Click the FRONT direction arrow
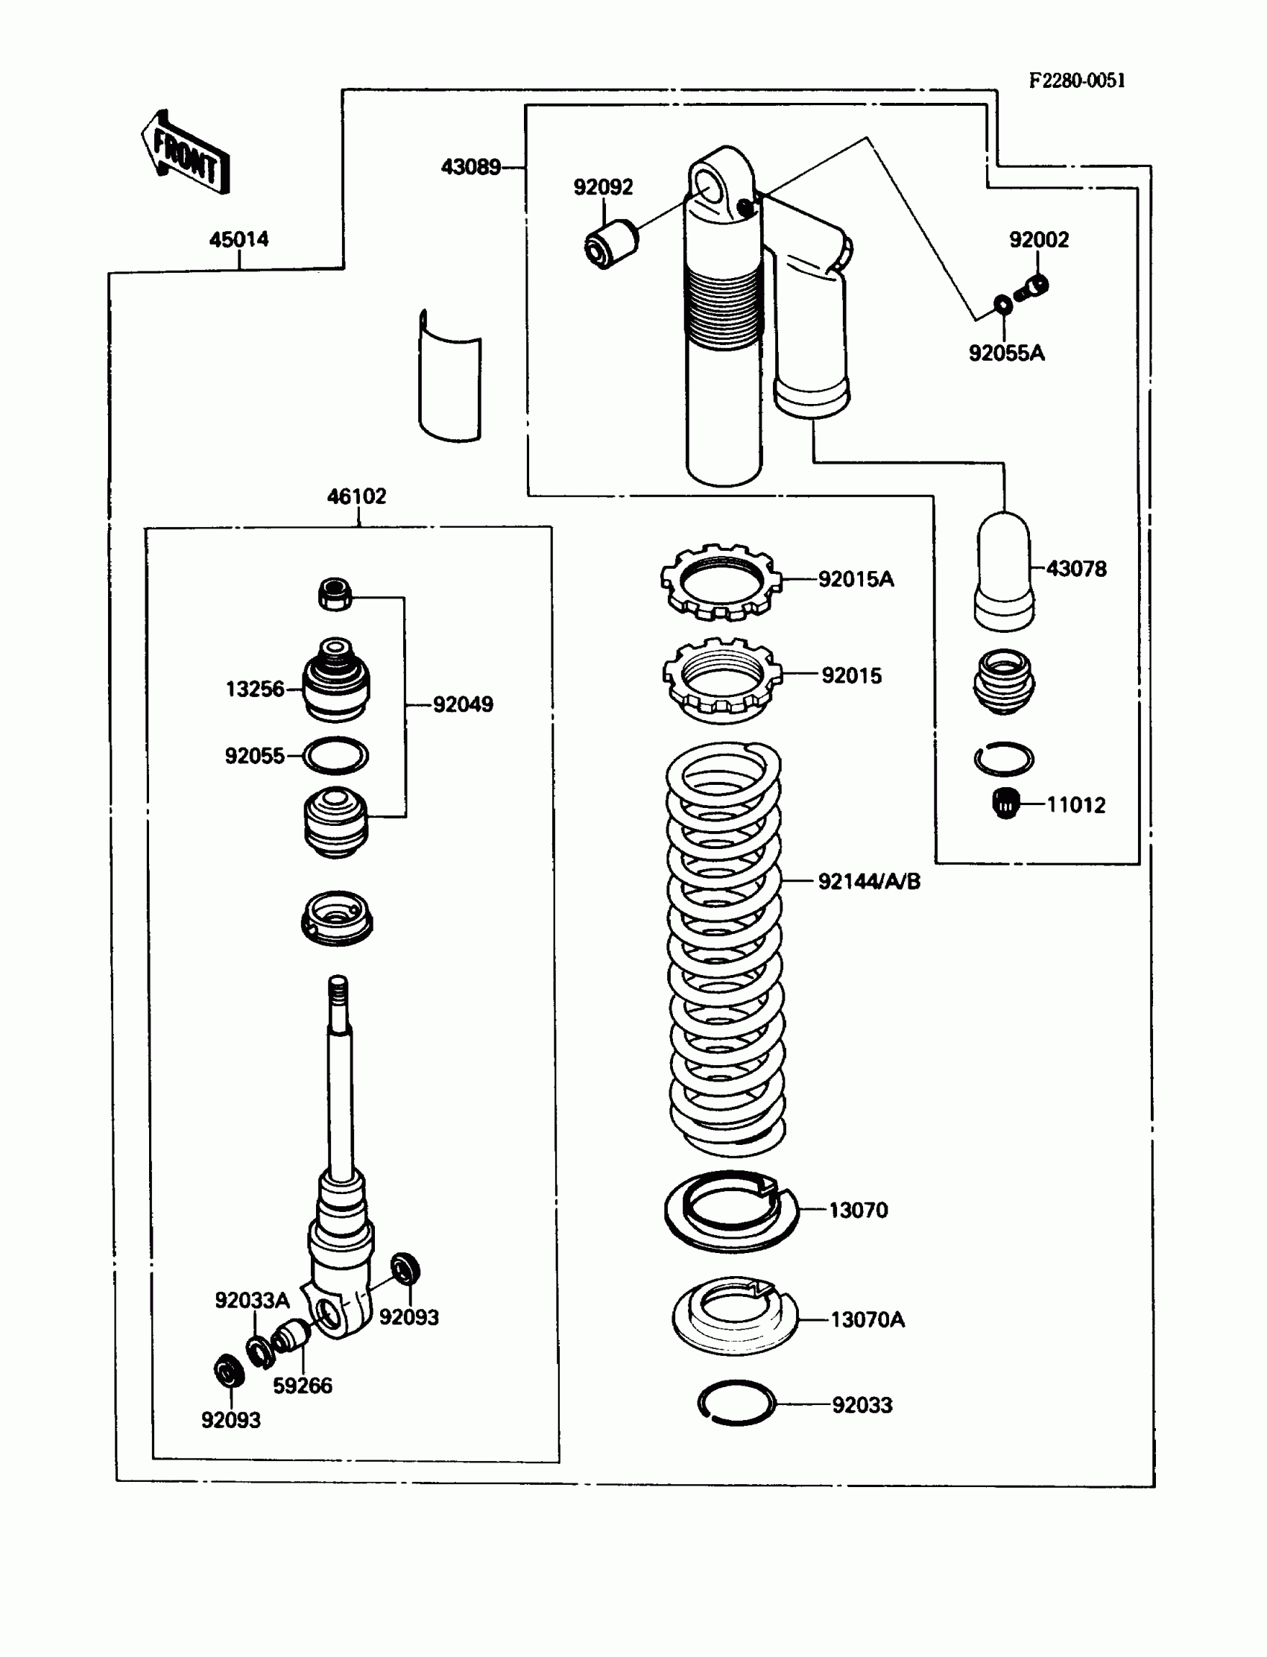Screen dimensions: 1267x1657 pos(185,153)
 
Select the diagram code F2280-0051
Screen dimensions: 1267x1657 pos(1077,81)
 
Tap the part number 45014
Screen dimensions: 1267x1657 pos(239,239)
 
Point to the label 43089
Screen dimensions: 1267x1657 pos(470,167)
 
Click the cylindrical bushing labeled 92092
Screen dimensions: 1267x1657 pos(612,242)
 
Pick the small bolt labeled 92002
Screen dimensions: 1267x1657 pos(1032,288)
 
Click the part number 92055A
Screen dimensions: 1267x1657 pos(1007,353)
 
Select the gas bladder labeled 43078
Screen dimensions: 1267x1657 pos(1005,572)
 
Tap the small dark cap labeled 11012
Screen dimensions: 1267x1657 pos(1005,804)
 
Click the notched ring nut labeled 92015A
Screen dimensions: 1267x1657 pos(721,582)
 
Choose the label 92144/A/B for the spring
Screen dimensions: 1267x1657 pos(870,881)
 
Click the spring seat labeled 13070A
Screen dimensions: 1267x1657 pos(735,1316)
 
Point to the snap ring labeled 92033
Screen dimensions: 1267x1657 pos(736,1403)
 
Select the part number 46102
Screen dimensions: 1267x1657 pos(357,496)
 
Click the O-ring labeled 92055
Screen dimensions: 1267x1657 pos(335,756)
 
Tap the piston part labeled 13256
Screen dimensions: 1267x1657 pos(335,681)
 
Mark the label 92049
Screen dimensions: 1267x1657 pos(463,704)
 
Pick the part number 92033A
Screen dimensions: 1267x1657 pos(252,1300)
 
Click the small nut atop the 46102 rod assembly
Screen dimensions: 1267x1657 pos(335,594)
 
